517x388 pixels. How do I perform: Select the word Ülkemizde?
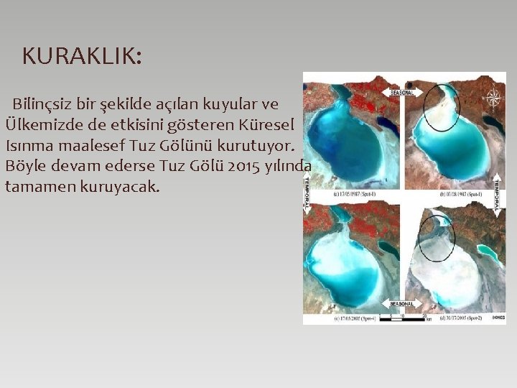point(46,124)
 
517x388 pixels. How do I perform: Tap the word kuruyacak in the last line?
point(122,187)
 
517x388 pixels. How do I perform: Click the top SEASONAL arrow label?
point(403,93)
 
